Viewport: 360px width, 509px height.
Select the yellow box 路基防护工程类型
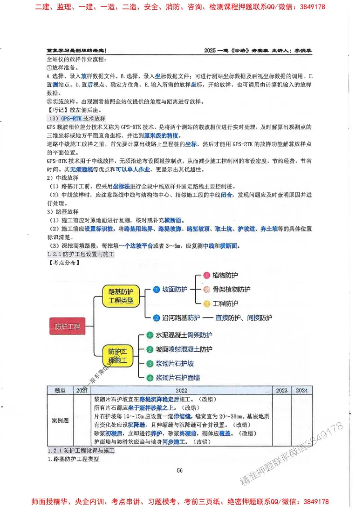click(x=121, y=296)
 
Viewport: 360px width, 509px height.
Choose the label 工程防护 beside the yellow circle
click(x=225, y=304)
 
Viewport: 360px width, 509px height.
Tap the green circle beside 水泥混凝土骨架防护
click(x=150, y=335)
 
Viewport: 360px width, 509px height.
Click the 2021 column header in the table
click(x=81, y=390)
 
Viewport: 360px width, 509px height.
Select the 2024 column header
click(x=301, y=390)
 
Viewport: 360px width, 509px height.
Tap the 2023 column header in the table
click(x=281, y=390)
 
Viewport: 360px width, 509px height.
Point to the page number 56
click(x=180, y=470)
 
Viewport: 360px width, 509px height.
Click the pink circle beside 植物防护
click(x=207, y=275)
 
